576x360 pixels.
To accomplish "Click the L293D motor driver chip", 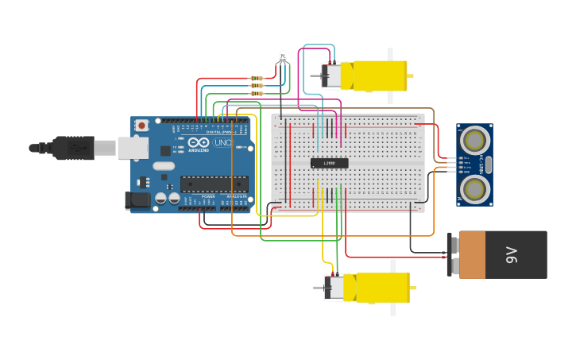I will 329,163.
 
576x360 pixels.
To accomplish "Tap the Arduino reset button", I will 141,125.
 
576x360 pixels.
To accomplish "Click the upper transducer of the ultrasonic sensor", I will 474,141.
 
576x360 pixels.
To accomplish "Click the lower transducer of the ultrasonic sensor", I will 474,188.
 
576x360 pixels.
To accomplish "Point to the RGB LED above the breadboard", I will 282,57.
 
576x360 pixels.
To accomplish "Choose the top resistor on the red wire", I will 256,78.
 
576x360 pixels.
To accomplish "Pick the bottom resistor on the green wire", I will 256,93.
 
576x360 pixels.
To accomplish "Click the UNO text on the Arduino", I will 222,143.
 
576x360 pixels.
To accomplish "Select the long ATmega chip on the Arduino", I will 213,184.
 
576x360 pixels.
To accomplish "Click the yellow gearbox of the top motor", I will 380,76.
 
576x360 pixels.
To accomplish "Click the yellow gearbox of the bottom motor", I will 382,287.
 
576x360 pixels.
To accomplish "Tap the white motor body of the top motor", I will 336,75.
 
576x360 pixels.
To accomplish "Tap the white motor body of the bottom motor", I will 339,287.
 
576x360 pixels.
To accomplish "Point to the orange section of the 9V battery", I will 472,254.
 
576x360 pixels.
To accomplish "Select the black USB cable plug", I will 75,147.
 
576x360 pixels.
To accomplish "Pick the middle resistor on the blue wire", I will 256,86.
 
